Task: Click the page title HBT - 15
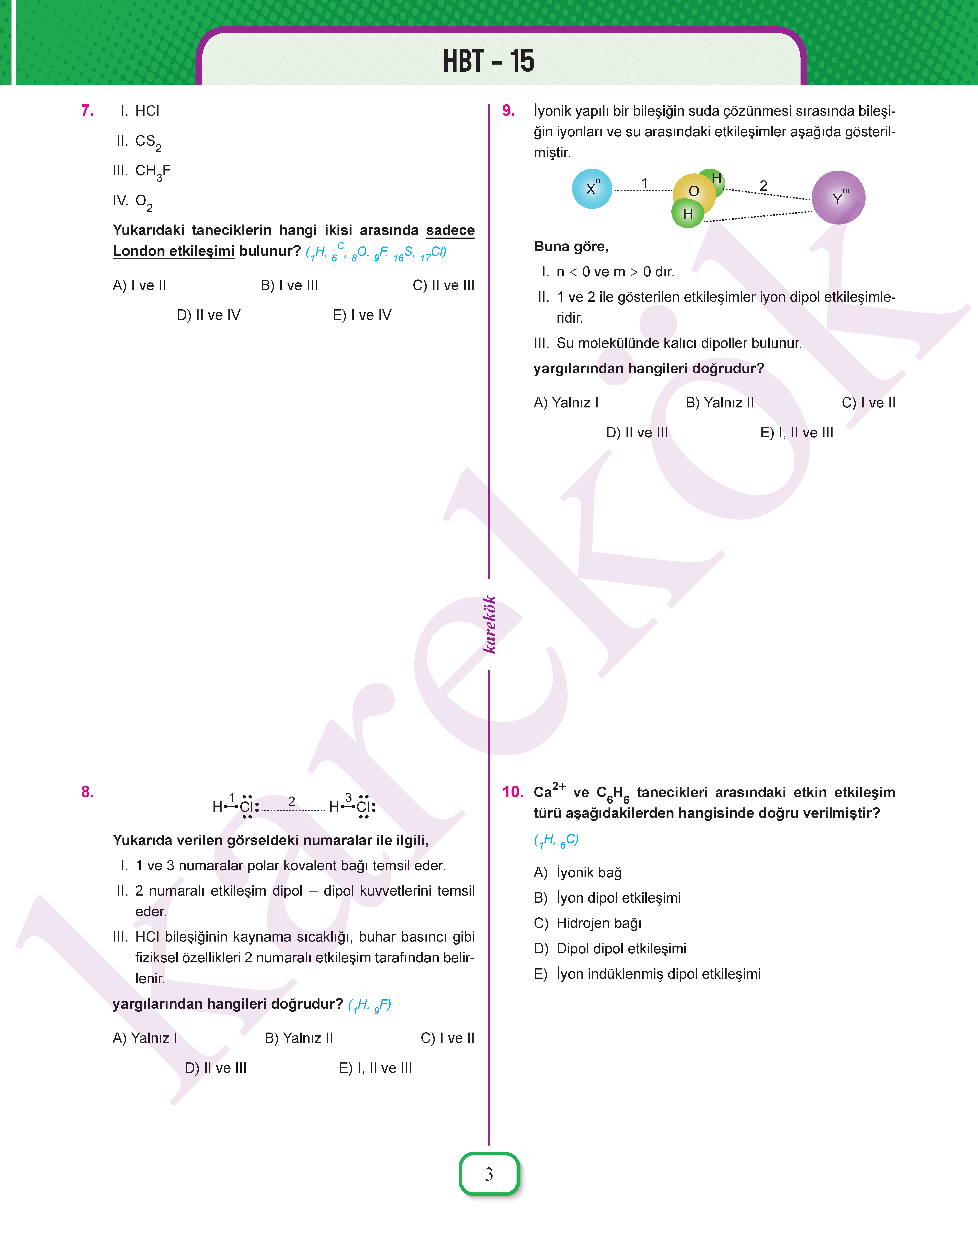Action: [489, 61]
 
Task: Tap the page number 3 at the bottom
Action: [489, 1174]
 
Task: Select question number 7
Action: [88, 111]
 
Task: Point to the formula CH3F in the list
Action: [152, 171]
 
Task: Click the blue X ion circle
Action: [591, 189]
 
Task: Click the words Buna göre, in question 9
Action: [571, 247]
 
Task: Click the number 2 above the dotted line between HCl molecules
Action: [292, 801]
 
